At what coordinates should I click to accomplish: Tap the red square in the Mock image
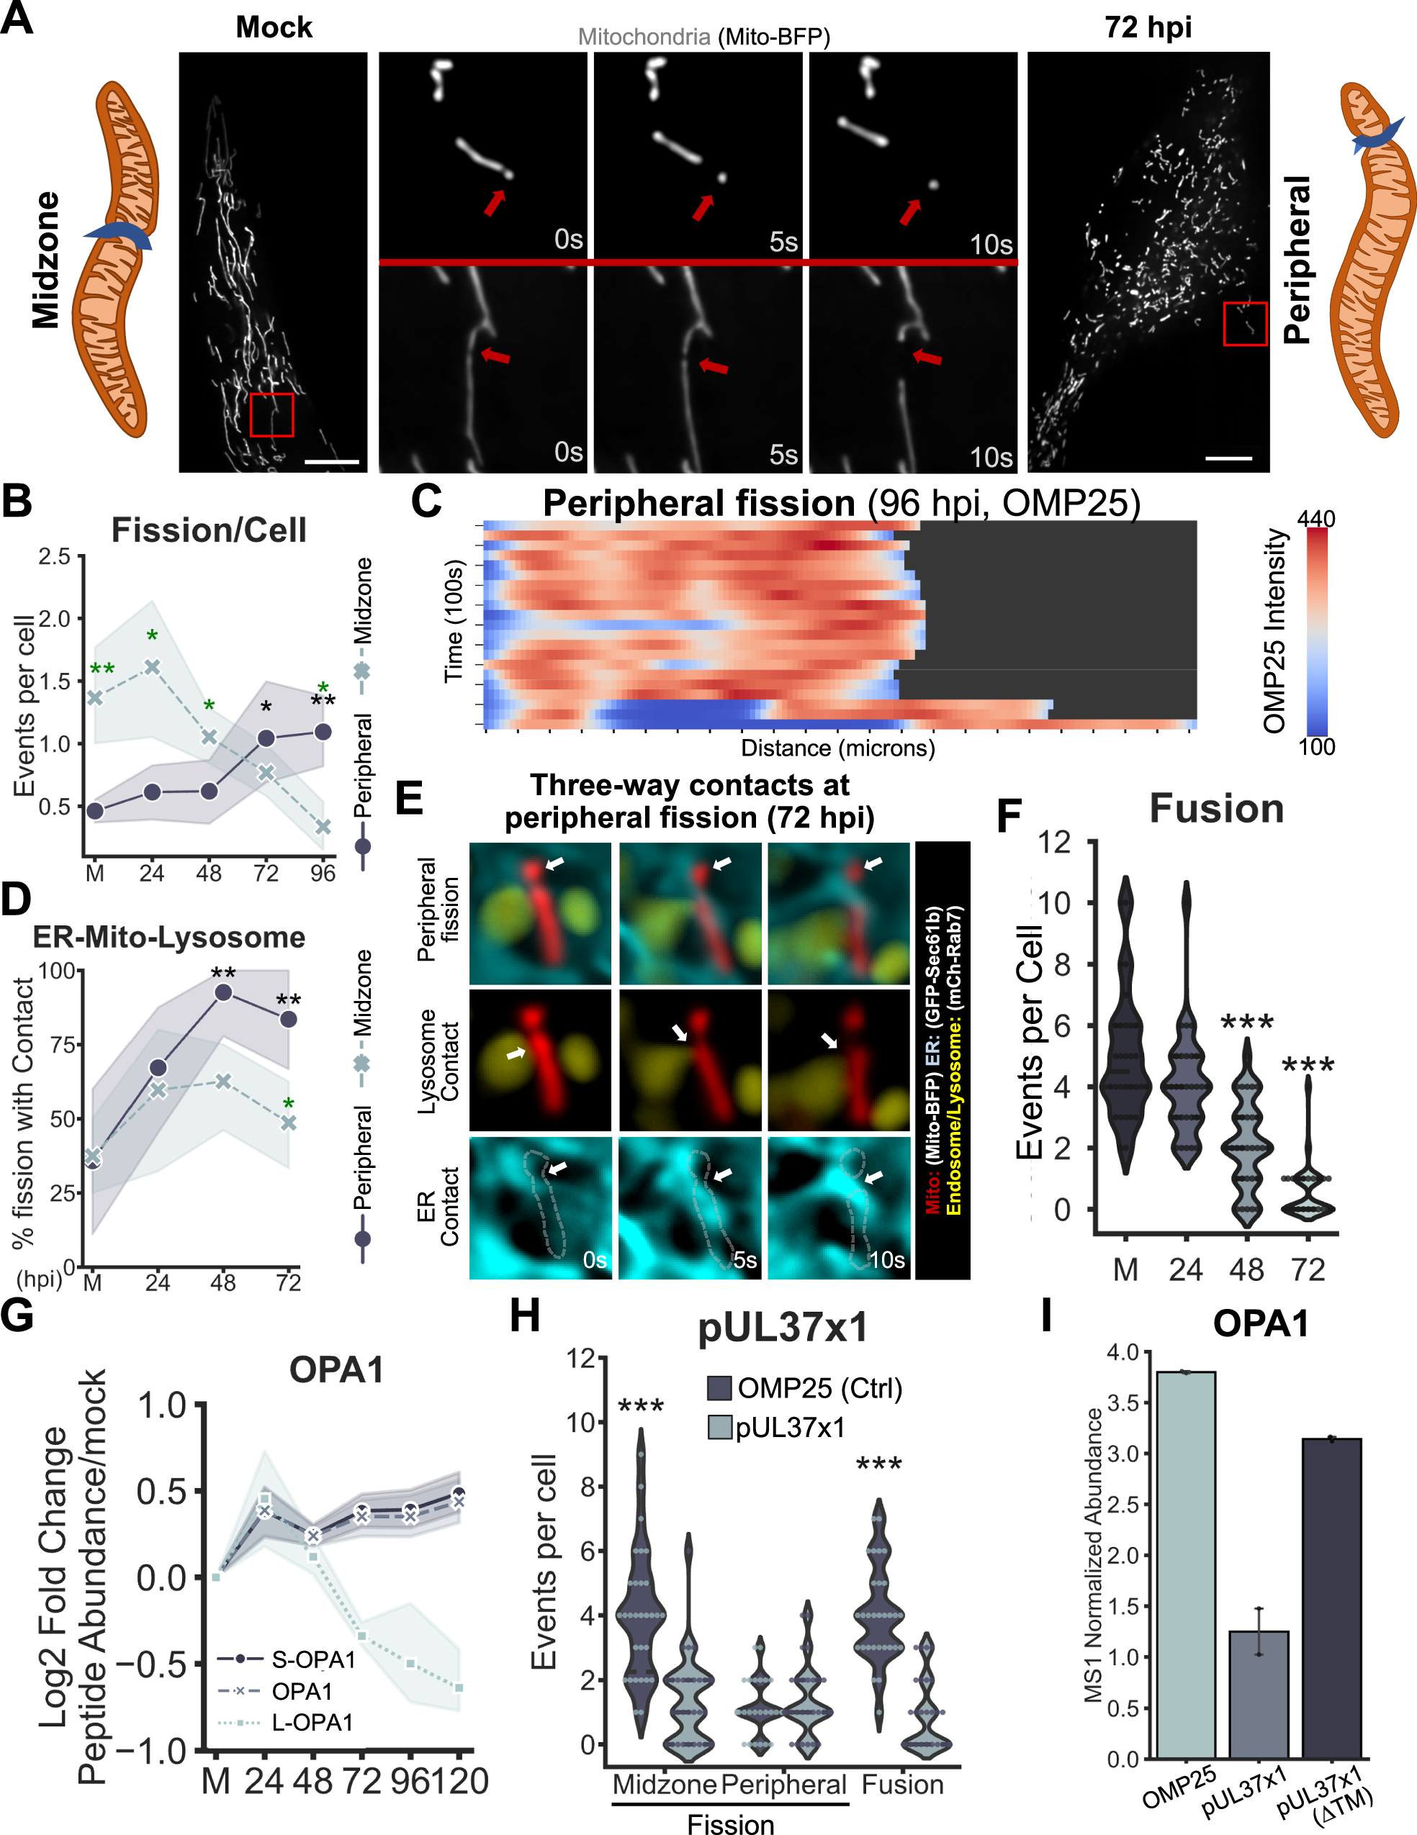point(271,415)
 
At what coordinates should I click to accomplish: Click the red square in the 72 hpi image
point(1245,324)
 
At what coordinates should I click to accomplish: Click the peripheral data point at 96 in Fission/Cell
point(323,732)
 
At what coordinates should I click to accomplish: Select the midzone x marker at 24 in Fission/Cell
point(152,666)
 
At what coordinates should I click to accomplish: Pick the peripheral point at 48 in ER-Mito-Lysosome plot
point(223,992)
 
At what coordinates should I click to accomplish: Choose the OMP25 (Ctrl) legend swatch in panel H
point(719,1388)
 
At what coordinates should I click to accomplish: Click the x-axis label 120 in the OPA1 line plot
point(459,1781)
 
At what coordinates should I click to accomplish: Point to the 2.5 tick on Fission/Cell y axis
point(55,556)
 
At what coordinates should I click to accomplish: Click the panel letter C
point(426,502)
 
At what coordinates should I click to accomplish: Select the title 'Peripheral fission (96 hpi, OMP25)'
point(840,503)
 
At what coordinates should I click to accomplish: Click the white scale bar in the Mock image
point(331,461)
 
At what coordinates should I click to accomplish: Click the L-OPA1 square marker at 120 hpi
point(459,1687)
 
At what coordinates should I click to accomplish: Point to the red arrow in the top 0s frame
point(495,201)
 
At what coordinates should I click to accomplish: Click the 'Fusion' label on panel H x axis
point(903,1784)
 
